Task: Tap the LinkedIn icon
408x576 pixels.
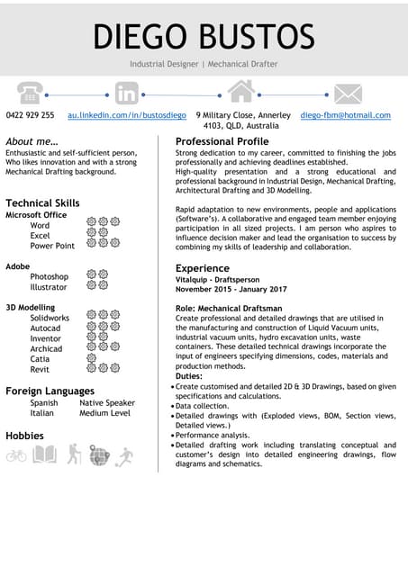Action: click(x=127, y=93)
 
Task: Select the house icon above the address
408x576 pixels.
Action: click(x=240, y=91)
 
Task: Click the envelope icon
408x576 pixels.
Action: click(x=348, y=94)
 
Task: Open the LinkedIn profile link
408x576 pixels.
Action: click(x=127, y=115)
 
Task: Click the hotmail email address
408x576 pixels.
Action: click(x=345, y=115)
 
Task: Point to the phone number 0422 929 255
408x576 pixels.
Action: click(x=30, y=115)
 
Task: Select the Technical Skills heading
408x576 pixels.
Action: click(x=42, y=202)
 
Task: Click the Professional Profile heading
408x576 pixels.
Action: click(x=222, y=141)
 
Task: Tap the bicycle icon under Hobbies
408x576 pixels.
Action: click(x=16, y=455)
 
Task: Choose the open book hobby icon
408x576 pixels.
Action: click(x=44, y=454)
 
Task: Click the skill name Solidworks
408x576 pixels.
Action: click(x=50, y=318)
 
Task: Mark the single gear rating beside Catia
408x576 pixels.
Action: click(x=91, y=358)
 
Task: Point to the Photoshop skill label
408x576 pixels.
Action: click(x=49, y=276)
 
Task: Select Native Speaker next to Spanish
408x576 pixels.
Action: click(x=107, y=402)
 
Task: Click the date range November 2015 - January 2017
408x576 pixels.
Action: click(x=231, y=289)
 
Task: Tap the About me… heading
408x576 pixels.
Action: click(x=32, y=141)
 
